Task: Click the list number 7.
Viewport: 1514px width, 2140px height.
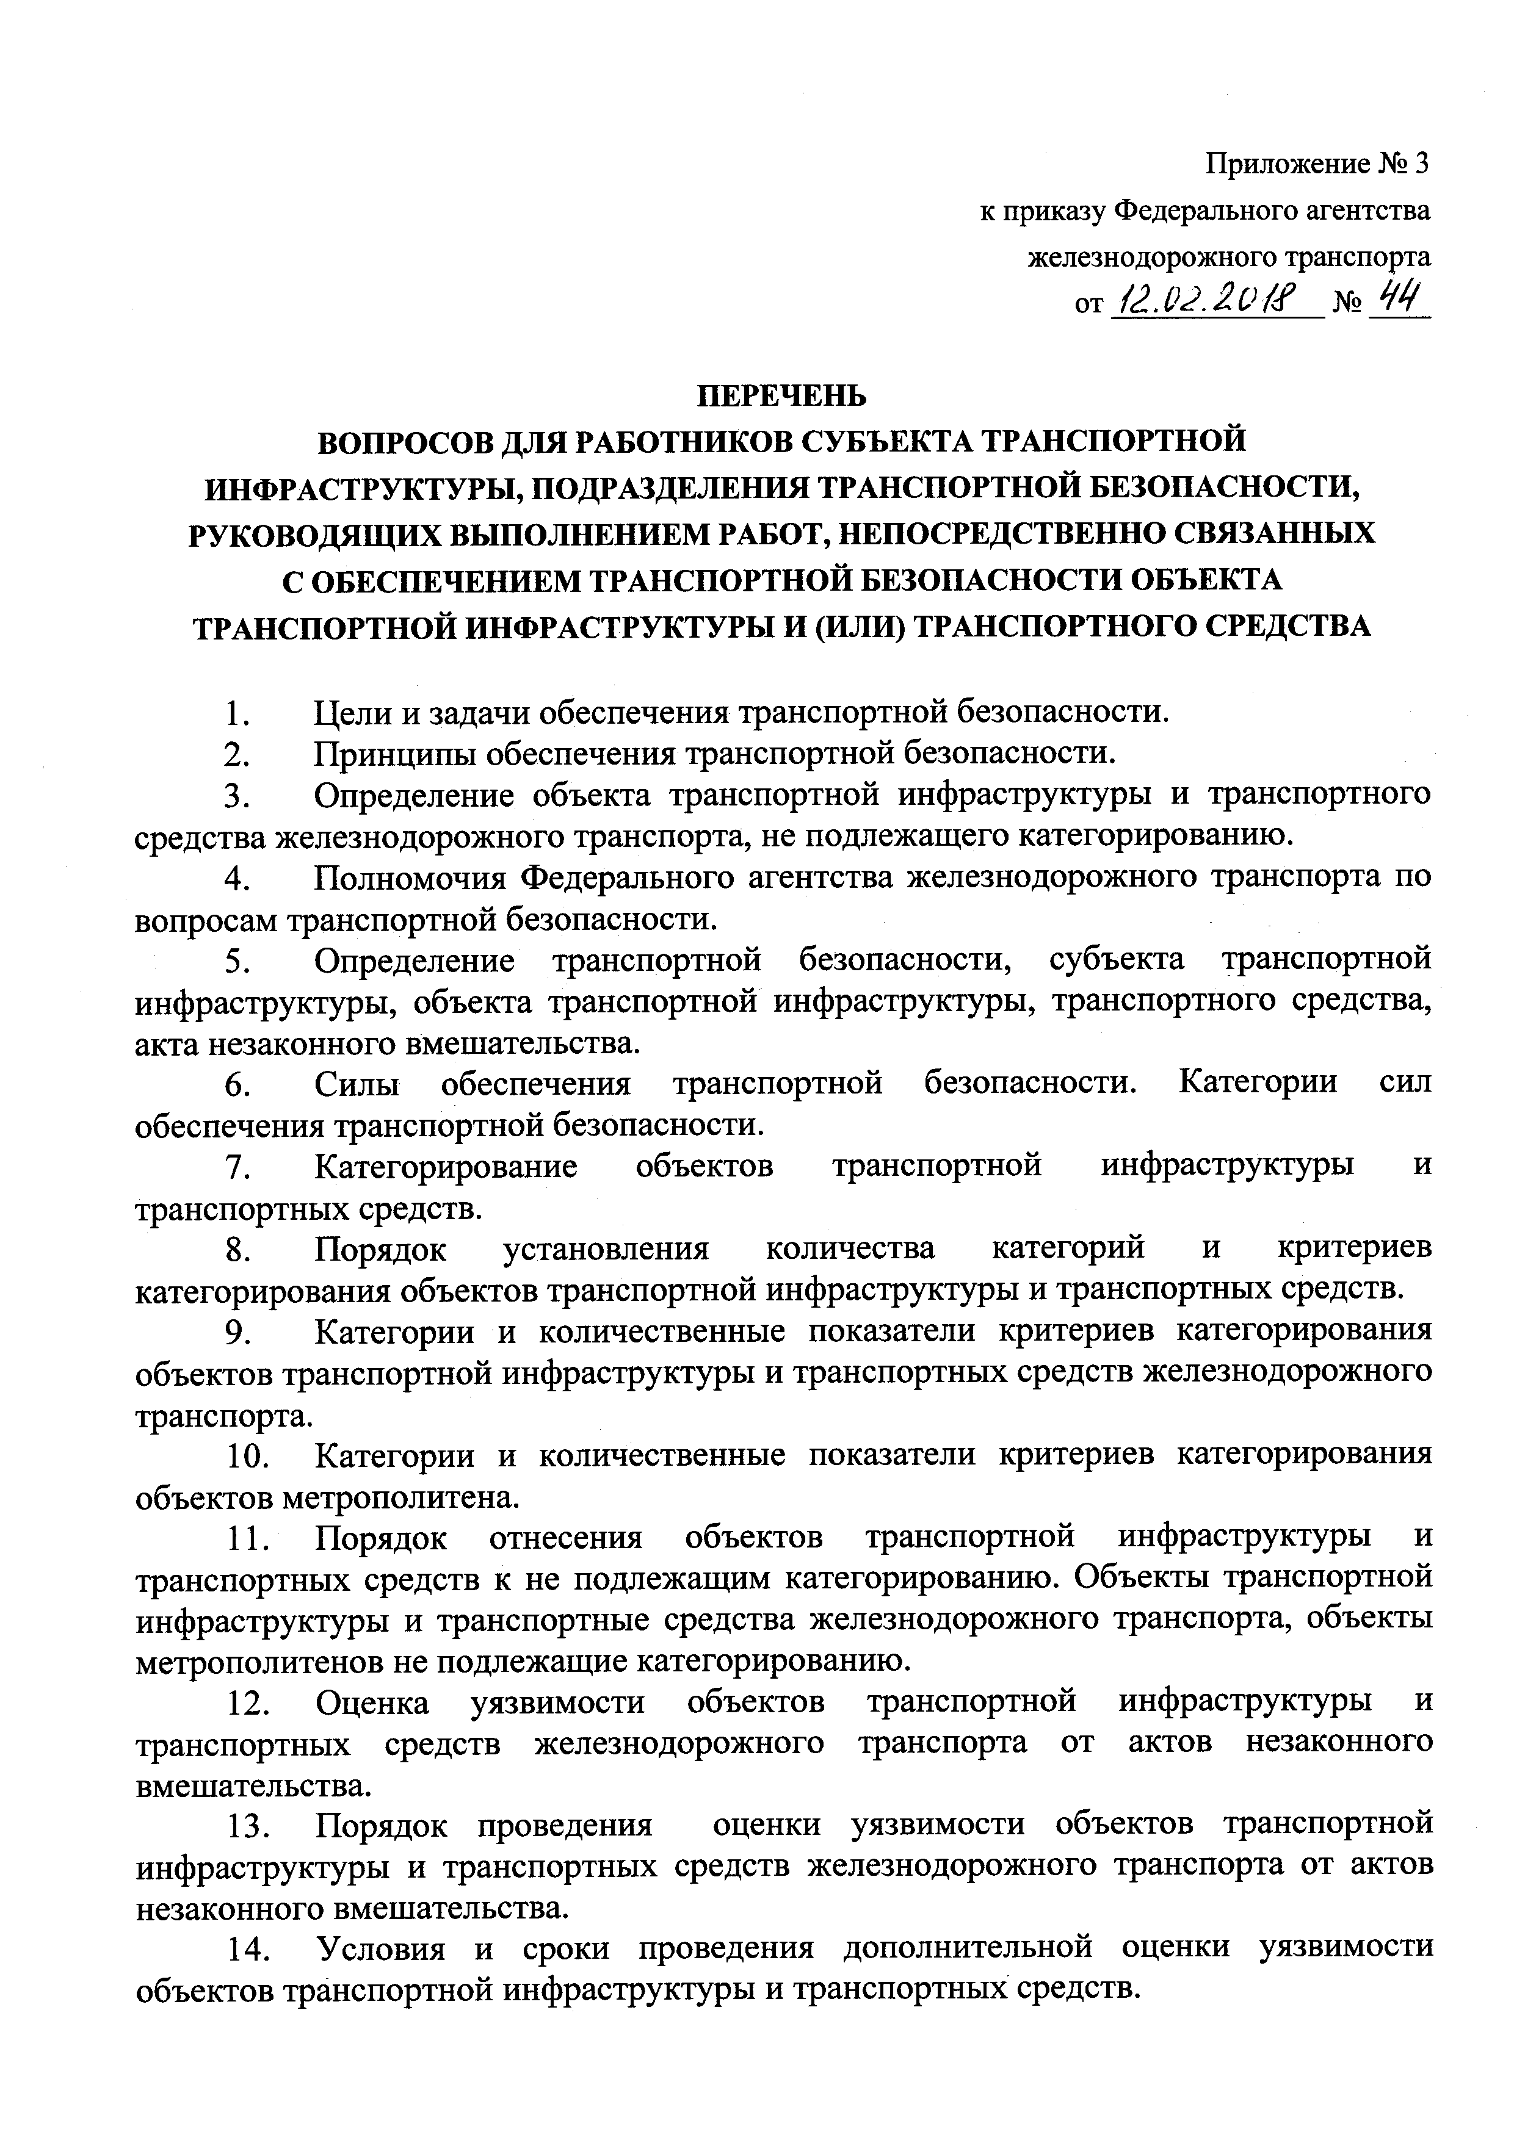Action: click(236, 1167)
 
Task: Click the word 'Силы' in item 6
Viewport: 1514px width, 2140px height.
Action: click(357, 1084)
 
